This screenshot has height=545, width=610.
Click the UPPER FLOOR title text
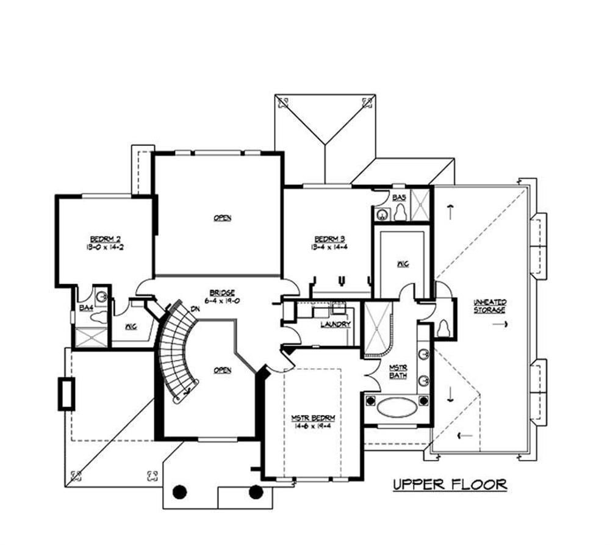click(x=450, y=485)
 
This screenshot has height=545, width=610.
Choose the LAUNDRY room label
click(x=335, y=324)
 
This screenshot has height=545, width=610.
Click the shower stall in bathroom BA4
click(x=90, y=337)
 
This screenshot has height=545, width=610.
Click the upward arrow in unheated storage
click(x=450, y=212)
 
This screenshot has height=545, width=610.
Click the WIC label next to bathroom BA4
click(x=131, y=327)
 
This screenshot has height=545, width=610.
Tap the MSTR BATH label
click(x=398, y=371)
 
